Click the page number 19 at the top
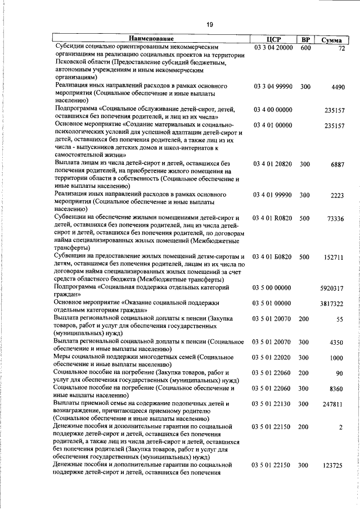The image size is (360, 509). point(209,24)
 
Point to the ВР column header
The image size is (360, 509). point(305,39)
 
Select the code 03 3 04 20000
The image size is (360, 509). point(273,48)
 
